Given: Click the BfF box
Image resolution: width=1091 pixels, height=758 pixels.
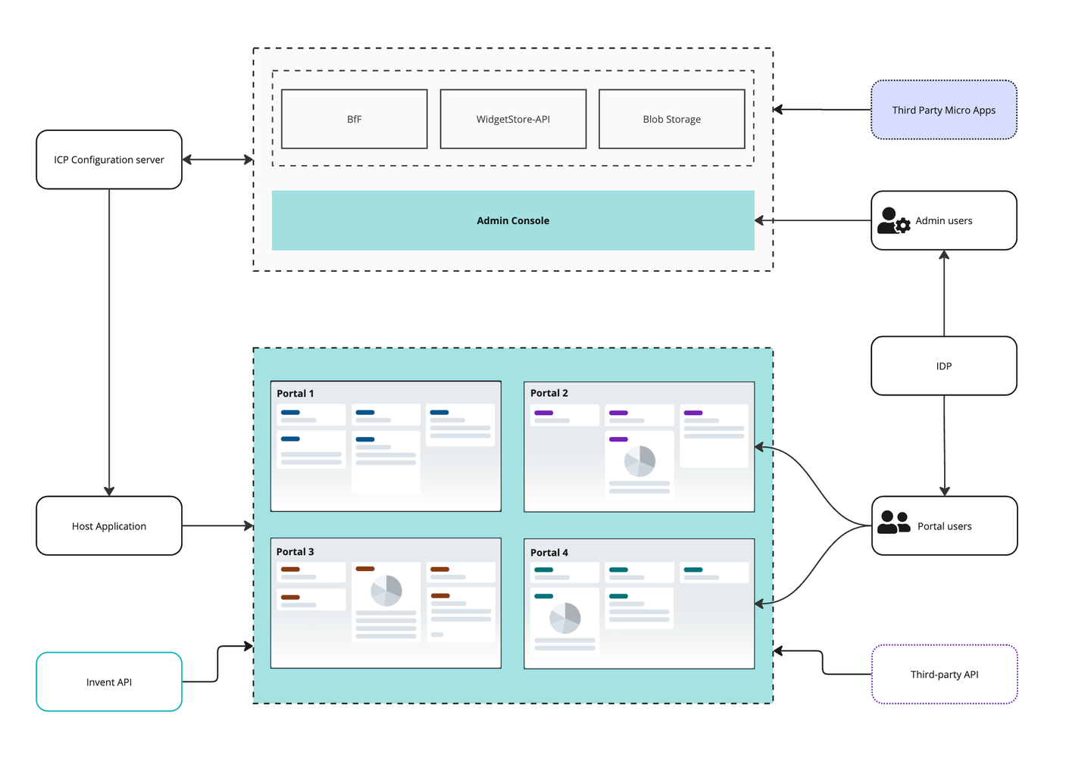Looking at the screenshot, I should tap(354, 119).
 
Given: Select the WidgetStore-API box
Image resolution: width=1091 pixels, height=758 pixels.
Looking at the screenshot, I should tap(513, 119).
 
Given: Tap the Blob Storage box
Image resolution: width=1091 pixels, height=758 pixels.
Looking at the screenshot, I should tap(671, 119).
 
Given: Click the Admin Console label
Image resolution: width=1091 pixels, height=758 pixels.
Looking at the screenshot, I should tap(513, 220).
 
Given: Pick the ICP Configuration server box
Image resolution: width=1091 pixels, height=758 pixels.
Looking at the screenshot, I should tap(109, 160).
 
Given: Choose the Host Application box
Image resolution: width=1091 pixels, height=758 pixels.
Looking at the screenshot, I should tap(109, 526).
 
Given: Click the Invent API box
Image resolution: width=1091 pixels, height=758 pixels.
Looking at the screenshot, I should tap(109, 682).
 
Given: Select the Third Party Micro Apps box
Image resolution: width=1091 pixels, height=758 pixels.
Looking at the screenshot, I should tap(943, 110).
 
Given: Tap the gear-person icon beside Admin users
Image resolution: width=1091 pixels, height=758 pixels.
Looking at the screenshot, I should tap(893, 221).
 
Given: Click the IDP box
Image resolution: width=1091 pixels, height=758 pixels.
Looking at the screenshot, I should tap(943, 366).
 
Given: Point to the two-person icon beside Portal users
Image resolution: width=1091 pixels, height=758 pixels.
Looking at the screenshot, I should tap(893, 522).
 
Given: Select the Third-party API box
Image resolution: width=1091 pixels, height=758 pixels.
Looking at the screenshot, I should tap(944, 674).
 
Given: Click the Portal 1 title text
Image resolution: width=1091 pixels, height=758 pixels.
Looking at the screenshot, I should tap(295, 393).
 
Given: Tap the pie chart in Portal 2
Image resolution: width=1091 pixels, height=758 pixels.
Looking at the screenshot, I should tap(639, 460).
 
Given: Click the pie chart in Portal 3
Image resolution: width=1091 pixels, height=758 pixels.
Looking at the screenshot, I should tap(386, 590).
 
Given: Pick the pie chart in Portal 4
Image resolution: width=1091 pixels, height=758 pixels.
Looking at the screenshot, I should tap(564, 618).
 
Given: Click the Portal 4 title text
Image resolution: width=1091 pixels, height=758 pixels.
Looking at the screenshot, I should tap(549, 553).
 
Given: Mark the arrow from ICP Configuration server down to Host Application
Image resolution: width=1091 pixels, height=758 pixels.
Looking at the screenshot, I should tap(109, 341).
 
